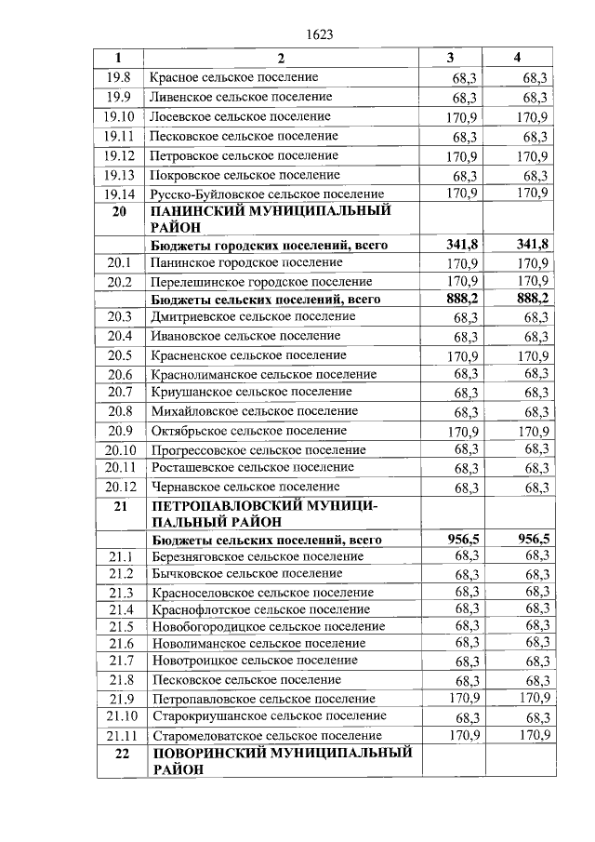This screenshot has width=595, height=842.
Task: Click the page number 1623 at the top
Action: [x=319, y=34]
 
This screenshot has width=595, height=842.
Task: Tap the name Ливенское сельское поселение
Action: [x=241, y=97]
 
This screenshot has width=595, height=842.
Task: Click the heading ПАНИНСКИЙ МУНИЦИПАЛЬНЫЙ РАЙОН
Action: [x=271, y=220]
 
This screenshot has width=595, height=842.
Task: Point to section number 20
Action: [x=118, y=212]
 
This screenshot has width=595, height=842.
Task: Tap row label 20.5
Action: [x=120, y=355]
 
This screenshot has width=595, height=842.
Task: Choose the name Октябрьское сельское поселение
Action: [x=248, y=431]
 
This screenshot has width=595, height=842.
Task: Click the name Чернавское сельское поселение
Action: [x=245, y=487]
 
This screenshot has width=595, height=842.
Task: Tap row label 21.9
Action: [x=121, y=699]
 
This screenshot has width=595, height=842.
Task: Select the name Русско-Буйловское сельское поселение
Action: [x=267, y=194]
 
